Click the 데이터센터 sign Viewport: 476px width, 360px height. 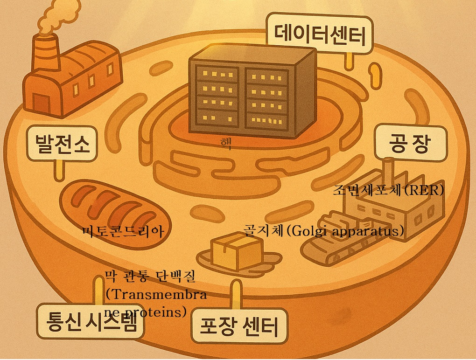click(x=320, y=34)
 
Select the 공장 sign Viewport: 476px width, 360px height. click(x=411, y=143)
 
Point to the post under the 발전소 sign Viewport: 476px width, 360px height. click(x=59, y=170)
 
